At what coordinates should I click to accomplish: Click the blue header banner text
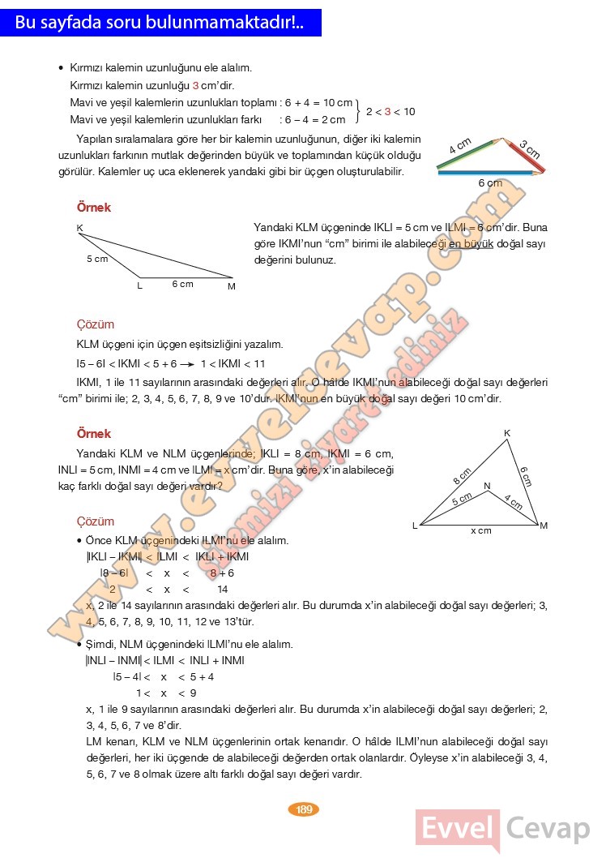tap(160, 23)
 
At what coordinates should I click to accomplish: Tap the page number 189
tap(305, 809)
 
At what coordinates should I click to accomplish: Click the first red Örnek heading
tap(93, 208)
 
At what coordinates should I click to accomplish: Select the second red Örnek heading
tap(93, 434)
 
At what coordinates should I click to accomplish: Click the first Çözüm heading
tap(95, 324)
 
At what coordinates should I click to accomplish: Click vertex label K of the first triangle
tap(80, 228)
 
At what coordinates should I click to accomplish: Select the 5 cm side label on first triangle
tap(97, 260)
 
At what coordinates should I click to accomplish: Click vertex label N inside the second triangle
tap(487, 486)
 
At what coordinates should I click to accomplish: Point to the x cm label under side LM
tap(481, 530)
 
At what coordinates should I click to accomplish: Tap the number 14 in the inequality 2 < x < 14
tap(223, 590)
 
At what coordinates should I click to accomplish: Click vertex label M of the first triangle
tap(231, 286)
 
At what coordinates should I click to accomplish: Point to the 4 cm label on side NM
tap(512, 501)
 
